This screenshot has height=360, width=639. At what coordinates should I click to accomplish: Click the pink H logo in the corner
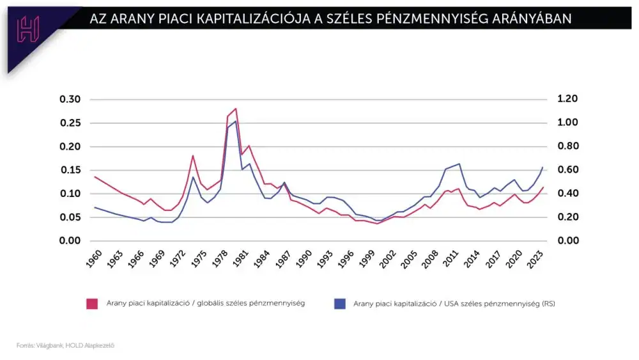click(x=28, y=29)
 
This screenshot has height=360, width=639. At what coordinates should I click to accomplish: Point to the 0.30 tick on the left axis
click(x=70, y=99)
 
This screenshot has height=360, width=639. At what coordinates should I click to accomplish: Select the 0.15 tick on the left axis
click(x=70, y=170)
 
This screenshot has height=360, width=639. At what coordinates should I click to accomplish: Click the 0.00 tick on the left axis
click(x=70, y=241)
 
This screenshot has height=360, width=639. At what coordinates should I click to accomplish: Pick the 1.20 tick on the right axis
click(x=567, y=99)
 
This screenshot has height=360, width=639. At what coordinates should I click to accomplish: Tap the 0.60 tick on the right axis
click(x=567, y=170)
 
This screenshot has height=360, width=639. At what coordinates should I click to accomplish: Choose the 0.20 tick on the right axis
click(x=567, y=217)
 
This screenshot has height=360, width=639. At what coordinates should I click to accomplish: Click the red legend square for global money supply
click(x=91, y=304)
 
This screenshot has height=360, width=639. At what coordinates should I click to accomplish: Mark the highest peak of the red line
click(x=236, y=109)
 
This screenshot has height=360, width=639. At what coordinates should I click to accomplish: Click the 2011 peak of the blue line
click(x=459, y=164)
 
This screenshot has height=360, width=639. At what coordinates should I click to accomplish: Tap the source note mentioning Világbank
click(x=65, y=345)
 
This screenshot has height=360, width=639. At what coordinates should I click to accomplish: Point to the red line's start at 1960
click(x=95, y=177)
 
